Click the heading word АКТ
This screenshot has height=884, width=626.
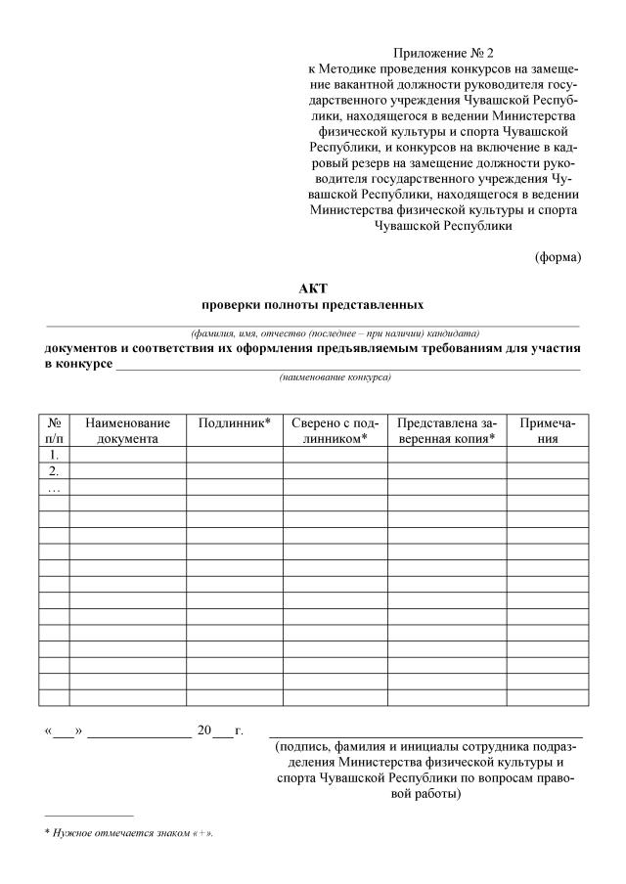[313, 287]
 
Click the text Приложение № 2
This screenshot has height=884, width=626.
[441, 53]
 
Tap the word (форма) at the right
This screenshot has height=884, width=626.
[558, 257]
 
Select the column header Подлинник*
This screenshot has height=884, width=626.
[234, 423]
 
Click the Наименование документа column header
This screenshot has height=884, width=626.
[127, 431]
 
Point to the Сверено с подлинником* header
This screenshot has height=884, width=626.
[335, 431]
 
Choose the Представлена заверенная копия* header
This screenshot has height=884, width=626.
[446, 431]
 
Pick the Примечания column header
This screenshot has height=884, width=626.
[547, 431]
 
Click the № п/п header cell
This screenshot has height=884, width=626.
[54, 431]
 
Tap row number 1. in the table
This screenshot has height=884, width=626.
[54, 455]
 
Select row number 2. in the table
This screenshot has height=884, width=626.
[54, 471]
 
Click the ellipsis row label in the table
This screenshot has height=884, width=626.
[54, 487]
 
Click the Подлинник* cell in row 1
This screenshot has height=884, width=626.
[234, 455]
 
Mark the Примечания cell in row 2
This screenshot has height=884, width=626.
[547, 471]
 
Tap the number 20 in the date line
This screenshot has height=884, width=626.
[204, 730]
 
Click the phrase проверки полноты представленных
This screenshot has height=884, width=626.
[313, 305]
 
